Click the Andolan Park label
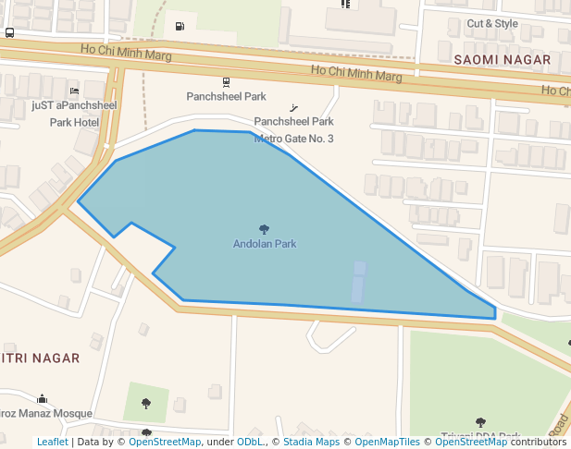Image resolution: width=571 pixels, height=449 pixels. click(x=265, y=244)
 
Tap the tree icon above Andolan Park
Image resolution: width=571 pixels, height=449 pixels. click(x=265, y=229)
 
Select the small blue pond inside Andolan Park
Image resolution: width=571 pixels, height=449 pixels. click(x=358, y=282)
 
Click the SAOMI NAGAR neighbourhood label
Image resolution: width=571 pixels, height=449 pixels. click(x=503, y=59)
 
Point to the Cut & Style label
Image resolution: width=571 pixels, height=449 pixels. click(x=492, y=23)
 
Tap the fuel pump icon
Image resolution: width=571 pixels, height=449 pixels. click(x=179, y=26)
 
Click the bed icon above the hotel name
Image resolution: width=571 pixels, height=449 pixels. click(x=74, y=91)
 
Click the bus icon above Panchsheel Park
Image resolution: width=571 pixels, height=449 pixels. click(x=226, y=81)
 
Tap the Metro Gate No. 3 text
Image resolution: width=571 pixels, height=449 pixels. click(x=294, y=139)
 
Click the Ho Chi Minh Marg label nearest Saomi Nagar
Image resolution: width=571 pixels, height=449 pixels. click(x=356, y=71)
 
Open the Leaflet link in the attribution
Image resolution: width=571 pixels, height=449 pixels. click(x=53, y=442)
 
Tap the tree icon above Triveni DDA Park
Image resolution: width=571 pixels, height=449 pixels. click(x=480, y=423)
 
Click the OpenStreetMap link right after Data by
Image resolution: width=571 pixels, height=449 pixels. click(x=165, y=442)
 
